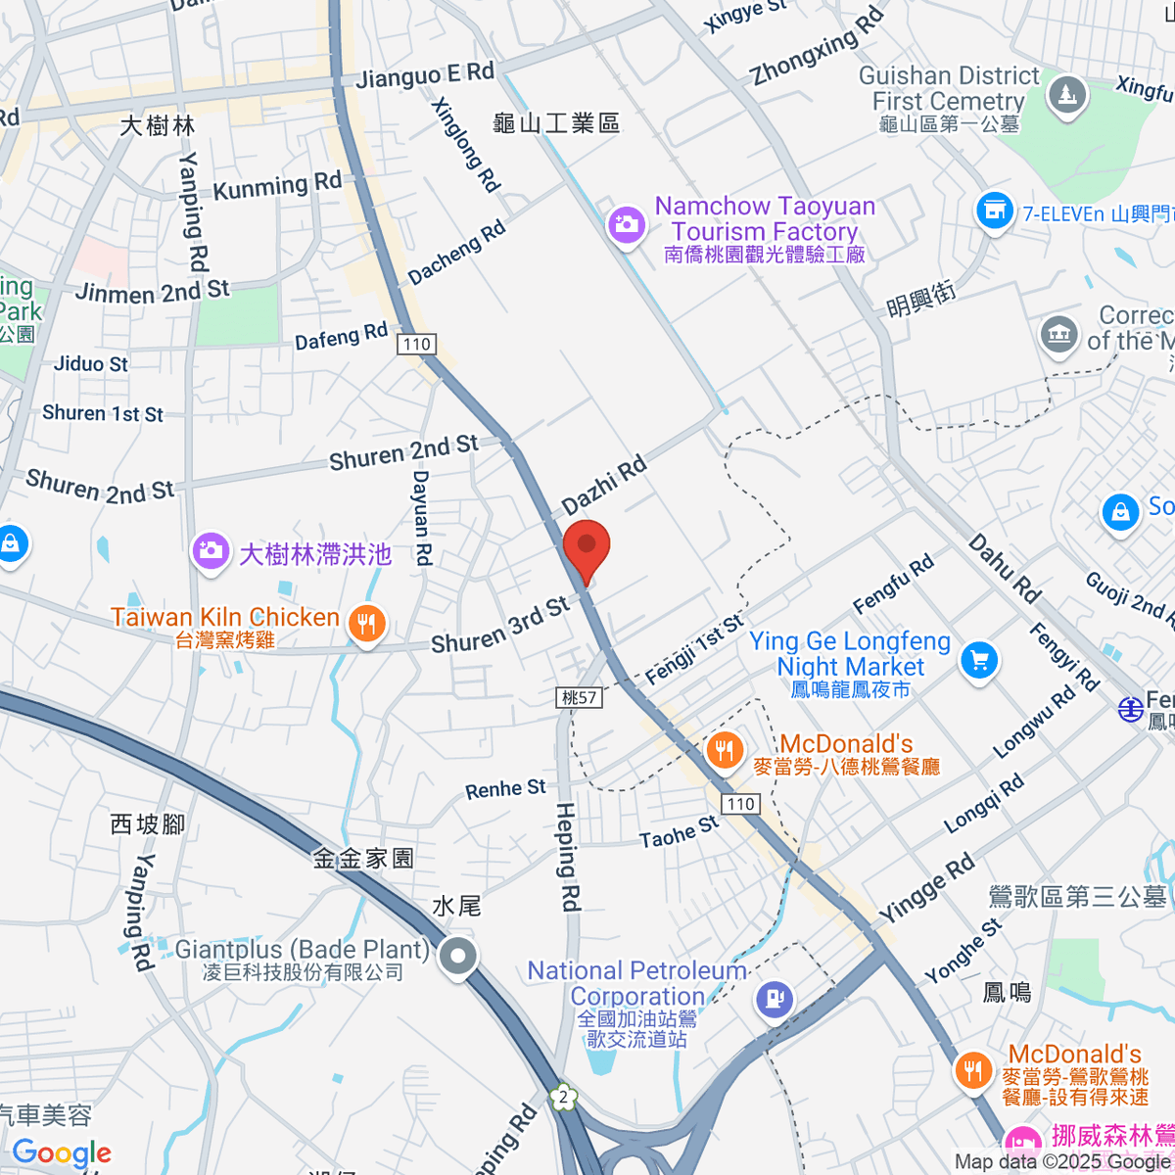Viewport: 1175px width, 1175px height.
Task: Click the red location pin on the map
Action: [587, 549]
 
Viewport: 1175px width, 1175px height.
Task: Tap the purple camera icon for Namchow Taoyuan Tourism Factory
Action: [626, 224]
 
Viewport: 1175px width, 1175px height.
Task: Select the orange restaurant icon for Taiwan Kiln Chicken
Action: [367, 623]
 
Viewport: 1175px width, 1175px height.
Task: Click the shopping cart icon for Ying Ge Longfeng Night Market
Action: [978, 659]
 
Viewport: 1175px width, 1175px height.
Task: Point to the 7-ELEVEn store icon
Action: [994, 211]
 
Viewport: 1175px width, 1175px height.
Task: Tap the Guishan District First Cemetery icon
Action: [1064, 96]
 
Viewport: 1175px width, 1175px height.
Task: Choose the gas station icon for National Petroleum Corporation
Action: [775, 1000]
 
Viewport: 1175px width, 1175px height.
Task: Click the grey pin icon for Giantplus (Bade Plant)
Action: [457, 957]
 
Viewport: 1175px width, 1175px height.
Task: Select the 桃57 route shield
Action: [580, 697]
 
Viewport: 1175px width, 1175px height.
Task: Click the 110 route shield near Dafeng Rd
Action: [417, 344]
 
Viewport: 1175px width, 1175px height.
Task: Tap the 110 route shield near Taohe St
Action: [740, 804]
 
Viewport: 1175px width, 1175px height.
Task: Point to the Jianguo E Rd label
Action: [425, 75]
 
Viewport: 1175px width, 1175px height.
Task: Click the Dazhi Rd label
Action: [604, 485]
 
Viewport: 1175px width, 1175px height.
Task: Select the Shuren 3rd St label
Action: [500, 626]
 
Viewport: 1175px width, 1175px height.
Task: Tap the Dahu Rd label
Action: [1004, 568]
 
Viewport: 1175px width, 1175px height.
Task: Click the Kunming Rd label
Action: [277, 186]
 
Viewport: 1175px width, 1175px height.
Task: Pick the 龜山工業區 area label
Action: [556, 123]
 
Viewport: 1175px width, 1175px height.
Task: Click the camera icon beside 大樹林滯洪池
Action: [211, 550]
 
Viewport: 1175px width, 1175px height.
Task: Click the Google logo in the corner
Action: [62, 1152]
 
